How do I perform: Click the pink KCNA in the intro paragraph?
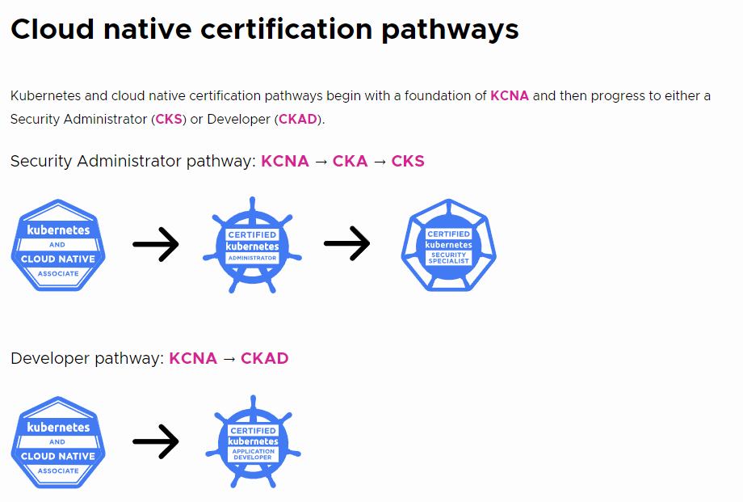(510, 95)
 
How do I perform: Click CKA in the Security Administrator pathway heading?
(350, 161)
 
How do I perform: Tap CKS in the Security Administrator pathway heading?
(408, 161)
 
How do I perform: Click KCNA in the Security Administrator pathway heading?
(285, 161)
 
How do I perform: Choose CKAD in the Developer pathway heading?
(264, 358)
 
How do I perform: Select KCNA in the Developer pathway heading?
(193, 358)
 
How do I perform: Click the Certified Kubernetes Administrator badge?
(252, 244)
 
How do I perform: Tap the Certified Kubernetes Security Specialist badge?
(449, 244)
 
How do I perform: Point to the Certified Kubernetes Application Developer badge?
(253, 442)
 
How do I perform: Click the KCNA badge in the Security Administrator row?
(58, 245)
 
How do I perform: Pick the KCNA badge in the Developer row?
(58, 442)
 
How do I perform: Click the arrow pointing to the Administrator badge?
(156, 244)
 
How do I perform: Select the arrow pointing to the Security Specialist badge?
(346, 244)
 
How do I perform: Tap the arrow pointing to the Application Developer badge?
(156, 441)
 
